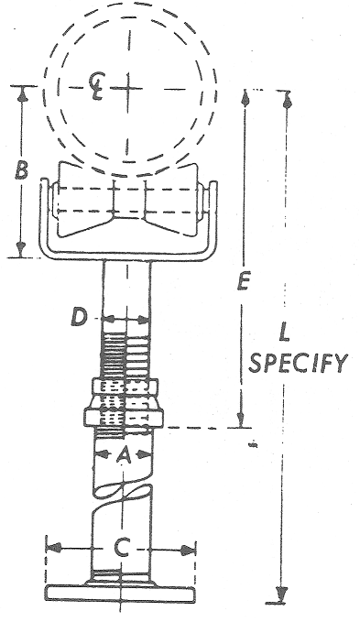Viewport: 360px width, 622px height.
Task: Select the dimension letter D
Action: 81,318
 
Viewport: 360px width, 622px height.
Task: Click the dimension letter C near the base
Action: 121,549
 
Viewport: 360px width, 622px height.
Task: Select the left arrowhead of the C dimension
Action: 55,549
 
